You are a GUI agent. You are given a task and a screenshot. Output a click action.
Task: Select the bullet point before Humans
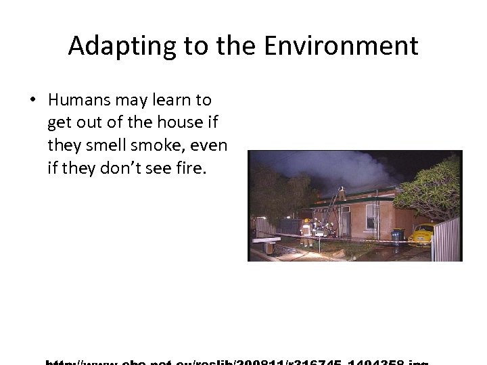[x=32, y=100]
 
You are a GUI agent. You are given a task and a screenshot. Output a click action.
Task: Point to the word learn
[x=173, y=100]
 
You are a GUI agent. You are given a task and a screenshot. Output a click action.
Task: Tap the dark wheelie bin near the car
[x=397, y=236]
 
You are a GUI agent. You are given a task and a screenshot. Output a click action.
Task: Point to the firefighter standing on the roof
[x=342, y=193]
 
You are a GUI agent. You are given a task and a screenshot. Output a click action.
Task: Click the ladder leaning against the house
[x=331, y=206]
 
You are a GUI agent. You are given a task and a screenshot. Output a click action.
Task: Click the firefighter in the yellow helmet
[x=306, y=228]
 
